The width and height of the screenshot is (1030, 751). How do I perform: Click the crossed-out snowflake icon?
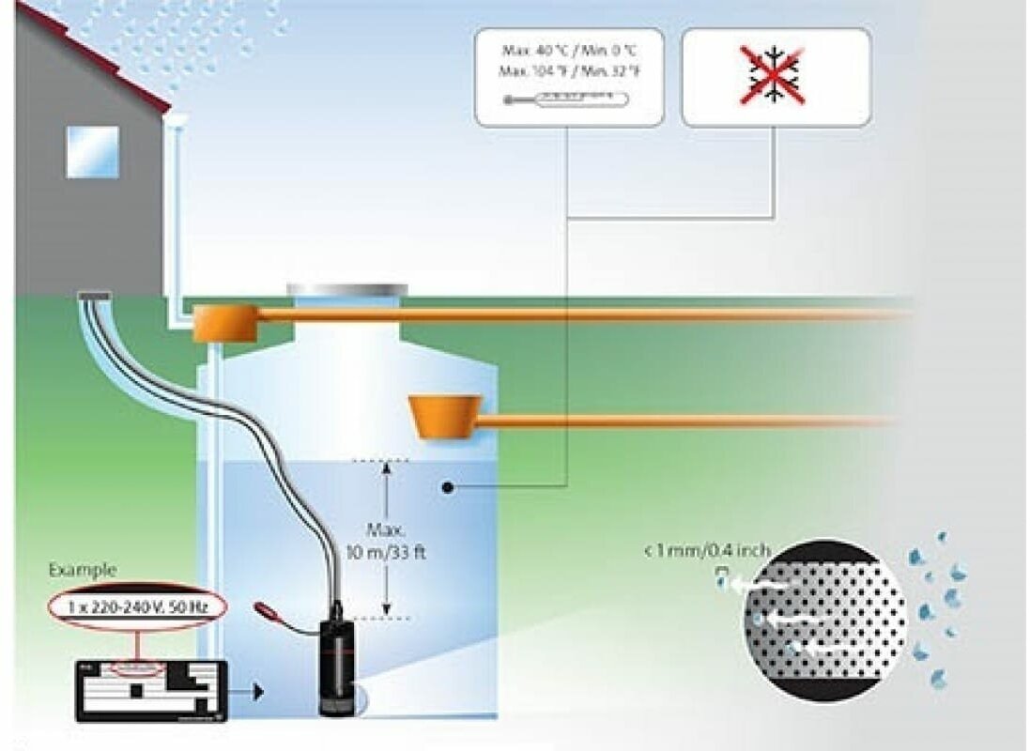pyautogui.click(x=776, y=78)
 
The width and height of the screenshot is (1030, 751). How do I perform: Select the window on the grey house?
pyautogui.click(x=92, y=151)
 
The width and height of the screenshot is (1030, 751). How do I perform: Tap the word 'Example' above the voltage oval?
pyautogui.click(x=83, y=570)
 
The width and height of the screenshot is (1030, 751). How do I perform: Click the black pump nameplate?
pyautogui.click(x=151, y=691)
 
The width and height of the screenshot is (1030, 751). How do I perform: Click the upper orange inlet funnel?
pyautogui.click(x=226, y=322)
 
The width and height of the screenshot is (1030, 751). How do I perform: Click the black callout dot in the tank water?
pyautogui.click(x=449, y=487)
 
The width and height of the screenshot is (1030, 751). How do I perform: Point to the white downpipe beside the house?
pyautogui.click(x=175, y=216)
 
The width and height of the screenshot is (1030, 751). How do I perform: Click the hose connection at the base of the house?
pyautogui.click(x=94, y=297)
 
